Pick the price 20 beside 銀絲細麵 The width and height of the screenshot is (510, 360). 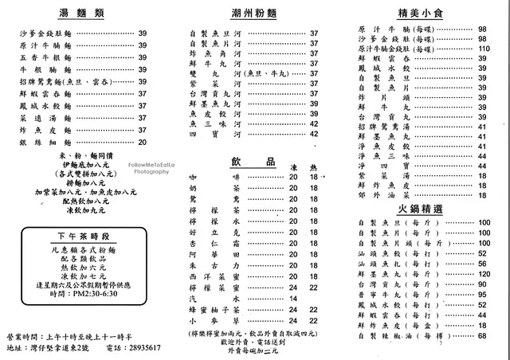coord(143,142)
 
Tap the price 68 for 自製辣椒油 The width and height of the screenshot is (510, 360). coord(483,336)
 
